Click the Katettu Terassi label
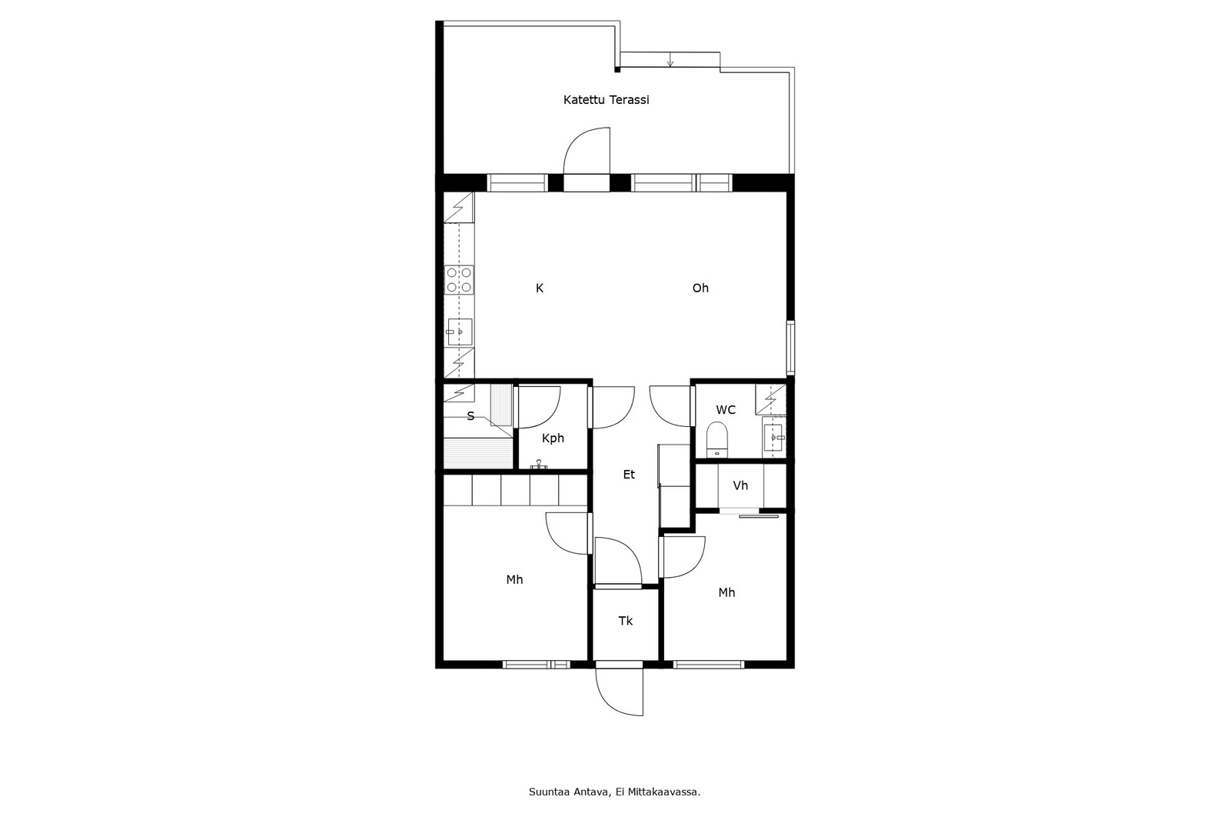coord(607,100)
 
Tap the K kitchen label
coord(540,288)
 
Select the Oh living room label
coord(700,288)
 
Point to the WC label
coord(726,410)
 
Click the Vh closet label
coord(741,486)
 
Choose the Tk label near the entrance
coord(626,621)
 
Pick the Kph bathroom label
coord(553,438)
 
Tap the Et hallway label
coord(629,475)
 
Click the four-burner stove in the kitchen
coord(459,280)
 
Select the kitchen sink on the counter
coord(459,332)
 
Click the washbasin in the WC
coord(774,438)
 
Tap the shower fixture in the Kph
coord(539,465)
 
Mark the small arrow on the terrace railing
coord(670,60)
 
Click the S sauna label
coord(470,417)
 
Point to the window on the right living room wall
coord(790,348)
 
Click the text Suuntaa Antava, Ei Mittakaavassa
coord(614,792)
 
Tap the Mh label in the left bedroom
coord(514,580)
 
